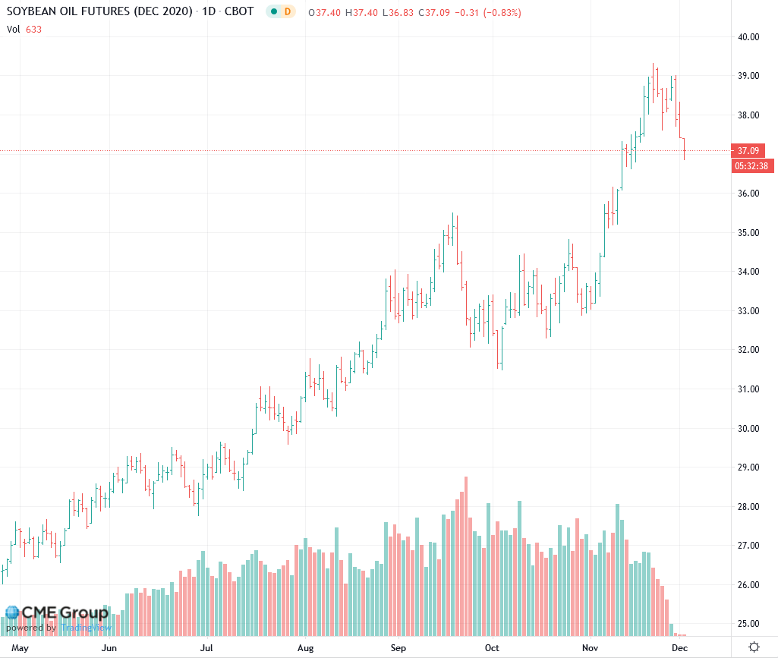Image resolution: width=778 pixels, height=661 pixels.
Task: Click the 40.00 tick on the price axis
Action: pyautogui.click(x=748, y=36)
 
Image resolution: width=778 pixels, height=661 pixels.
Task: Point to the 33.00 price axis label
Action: pyautogui.click(x=748, y=310)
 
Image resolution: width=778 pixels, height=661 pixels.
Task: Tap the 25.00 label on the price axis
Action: pyautogui.click(x=748, y=624)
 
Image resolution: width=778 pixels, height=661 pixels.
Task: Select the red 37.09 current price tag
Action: pyautogui.click(x=748, y=150)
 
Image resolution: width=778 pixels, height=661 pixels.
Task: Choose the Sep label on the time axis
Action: pyautogui.click(x=398, y=648)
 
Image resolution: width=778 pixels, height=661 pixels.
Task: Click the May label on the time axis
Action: pyautogui.click(x=20, y=648)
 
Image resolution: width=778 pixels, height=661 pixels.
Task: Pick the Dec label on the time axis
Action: pyautogui.click(x=679, y=648)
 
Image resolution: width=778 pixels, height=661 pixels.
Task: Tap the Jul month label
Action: pyautogui.click(x=206, y=648)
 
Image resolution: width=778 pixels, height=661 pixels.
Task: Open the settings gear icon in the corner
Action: pyautogui.click(x=754, y=647)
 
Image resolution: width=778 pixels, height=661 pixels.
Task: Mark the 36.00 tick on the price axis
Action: pyautogui.click(x=748, y=193)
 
